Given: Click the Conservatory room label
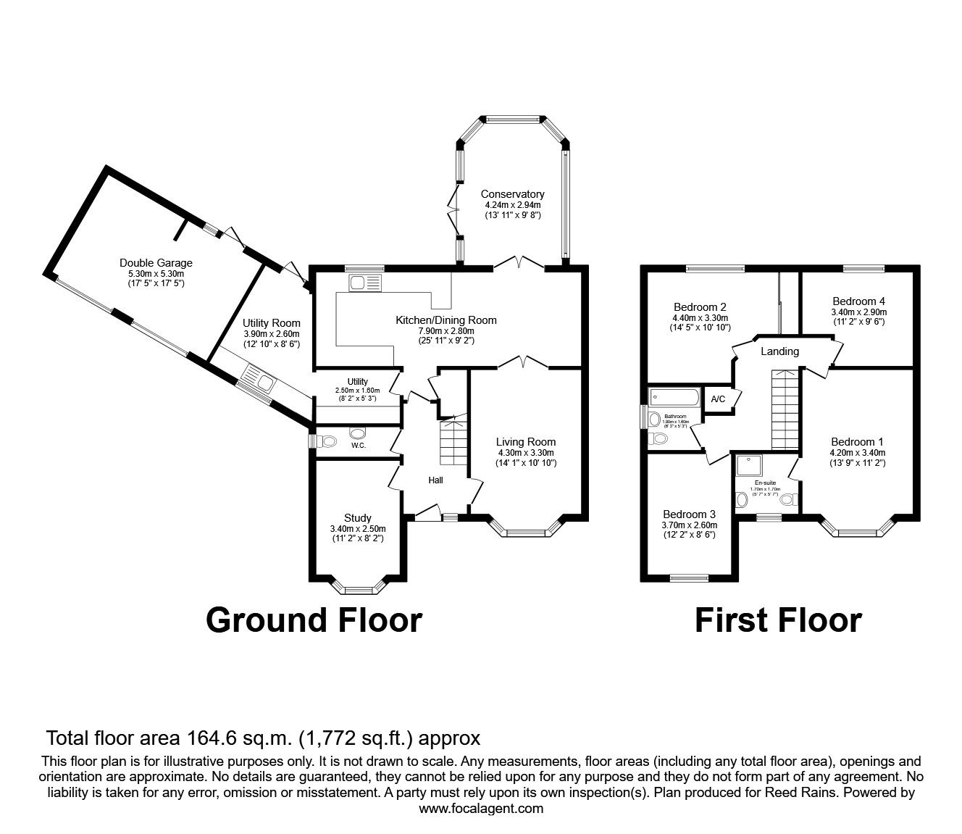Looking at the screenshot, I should [512, 194].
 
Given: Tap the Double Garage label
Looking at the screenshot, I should [156, 263].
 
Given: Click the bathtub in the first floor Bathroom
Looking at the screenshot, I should [674, 396].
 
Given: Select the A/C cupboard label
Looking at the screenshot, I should [718, 399].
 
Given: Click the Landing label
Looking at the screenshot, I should [779, 351].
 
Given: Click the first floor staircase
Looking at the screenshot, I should [785, 409].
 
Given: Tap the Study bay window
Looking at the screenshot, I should [357, 588].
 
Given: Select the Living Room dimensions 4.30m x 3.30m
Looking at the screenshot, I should [525, 452].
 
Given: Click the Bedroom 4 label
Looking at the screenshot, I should [858, 301].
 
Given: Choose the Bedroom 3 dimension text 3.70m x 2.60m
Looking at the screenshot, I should [689, 525].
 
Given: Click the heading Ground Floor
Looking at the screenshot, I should [314, 620].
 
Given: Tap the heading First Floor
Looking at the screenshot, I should [778, 620].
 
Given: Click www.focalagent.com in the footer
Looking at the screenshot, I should [481, 809].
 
